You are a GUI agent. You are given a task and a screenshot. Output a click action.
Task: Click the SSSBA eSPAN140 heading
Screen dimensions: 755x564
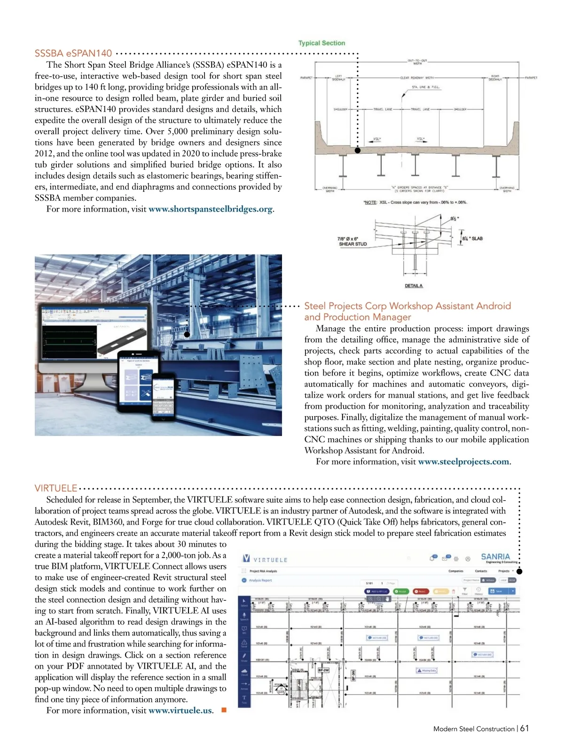[73, 53]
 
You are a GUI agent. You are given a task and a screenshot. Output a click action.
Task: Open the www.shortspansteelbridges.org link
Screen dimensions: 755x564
[210, 209]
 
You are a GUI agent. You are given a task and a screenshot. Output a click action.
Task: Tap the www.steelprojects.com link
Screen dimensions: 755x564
[463, 462]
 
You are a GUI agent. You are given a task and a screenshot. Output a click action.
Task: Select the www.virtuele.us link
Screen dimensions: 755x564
[180, 710]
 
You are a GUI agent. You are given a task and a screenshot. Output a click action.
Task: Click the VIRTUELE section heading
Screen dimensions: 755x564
[56, 489]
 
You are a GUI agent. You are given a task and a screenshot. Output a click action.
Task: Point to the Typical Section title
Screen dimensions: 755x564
[321, 43]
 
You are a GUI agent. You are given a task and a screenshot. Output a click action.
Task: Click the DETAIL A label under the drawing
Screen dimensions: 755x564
[414, 286]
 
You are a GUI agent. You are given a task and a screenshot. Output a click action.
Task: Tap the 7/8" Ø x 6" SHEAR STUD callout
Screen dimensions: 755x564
[352, 242]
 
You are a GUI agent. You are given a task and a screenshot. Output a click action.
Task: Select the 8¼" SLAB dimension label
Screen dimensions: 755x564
[472, 238]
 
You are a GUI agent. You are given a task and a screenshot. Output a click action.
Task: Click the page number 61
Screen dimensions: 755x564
[525, 728]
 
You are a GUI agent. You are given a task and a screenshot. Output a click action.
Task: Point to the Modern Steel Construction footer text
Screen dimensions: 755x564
[474, 729]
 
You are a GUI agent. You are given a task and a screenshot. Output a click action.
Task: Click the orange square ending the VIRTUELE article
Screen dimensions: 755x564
[224, 710]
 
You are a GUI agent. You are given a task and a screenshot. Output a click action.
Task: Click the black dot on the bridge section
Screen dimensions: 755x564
[358, 150]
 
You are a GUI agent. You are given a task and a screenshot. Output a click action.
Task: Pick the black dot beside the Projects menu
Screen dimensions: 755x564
[519, 571]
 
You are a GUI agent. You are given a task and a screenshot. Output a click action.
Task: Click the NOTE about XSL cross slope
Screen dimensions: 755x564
[415, 202]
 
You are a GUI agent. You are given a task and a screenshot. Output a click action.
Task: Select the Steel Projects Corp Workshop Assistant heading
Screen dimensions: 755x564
[407, 311]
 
